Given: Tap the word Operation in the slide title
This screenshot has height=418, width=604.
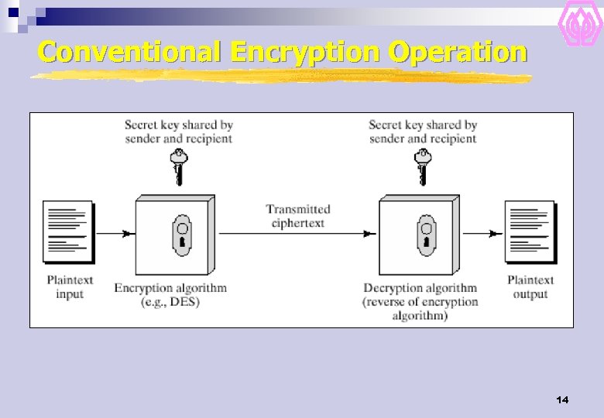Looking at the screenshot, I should (x=458, y=53).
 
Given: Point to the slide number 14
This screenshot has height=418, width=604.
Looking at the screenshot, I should (x=562, y=400).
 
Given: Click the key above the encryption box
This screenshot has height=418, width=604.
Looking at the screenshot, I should (x=180, y=166).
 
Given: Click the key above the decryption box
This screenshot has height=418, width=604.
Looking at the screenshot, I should (x=423, y=166).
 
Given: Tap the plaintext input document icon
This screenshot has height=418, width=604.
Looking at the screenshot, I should (x=68, y=231).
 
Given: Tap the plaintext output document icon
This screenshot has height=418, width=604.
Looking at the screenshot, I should (x=530, y=231).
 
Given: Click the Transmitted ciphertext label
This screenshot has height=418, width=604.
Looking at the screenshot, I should (x=298, y=216).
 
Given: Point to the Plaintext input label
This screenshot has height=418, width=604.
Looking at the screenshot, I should (x=70, y=287).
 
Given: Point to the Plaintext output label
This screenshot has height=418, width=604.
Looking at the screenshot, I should (x=530, y=287).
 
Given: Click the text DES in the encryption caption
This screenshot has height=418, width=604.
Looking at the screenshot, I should (x=186, y=302).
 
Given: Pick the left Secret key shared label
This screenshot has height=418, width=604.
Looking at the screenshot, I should (x=179, y=132).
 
